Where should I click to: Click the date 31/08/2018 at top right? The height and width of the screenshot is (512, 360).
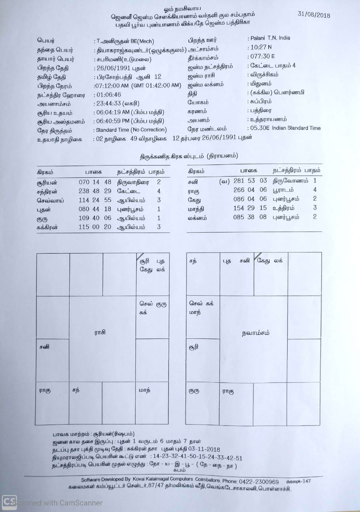(x=314, y=15)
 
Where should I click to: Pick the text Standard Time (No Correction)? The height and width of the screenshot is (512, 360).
(x=131, y=130)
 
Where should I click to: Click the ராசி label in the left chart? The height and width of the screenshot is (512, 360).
(x=100, y=332)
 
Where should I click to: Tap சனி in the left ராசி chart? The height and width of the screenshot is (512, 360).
(x=44, y=347)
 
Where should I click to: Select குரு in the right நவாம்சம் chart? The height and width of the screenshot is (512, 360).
(x=194, y=391)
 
